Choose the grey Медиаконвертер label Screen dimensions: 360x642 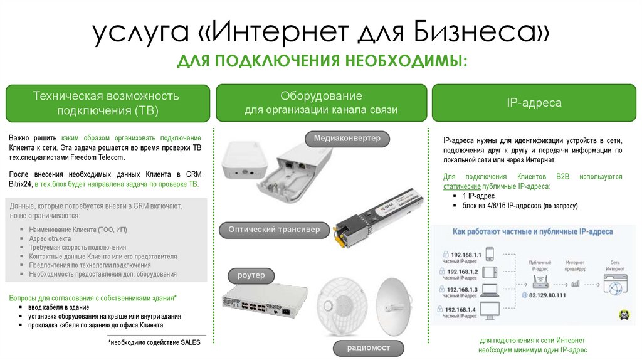click(347, 139)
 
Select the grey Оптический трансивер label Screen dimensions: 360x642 click(274, 230)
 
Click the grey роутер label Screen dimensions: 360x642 click(251, 276)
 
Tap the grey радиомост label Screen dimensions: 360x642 click(369, 347)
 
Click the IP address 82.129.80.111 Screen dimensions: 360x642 click(547, 295)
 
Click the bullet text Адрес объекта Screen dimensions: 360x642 click(50, 239)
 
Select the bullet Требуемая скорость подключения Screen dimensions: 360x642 click(77, 248)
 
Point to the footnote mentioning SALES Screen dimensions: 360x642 click(148, 343)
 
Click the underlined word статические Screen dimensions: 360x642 click(462, 187)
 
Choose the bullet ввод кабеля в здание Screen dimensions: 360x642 click(58, 308)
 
